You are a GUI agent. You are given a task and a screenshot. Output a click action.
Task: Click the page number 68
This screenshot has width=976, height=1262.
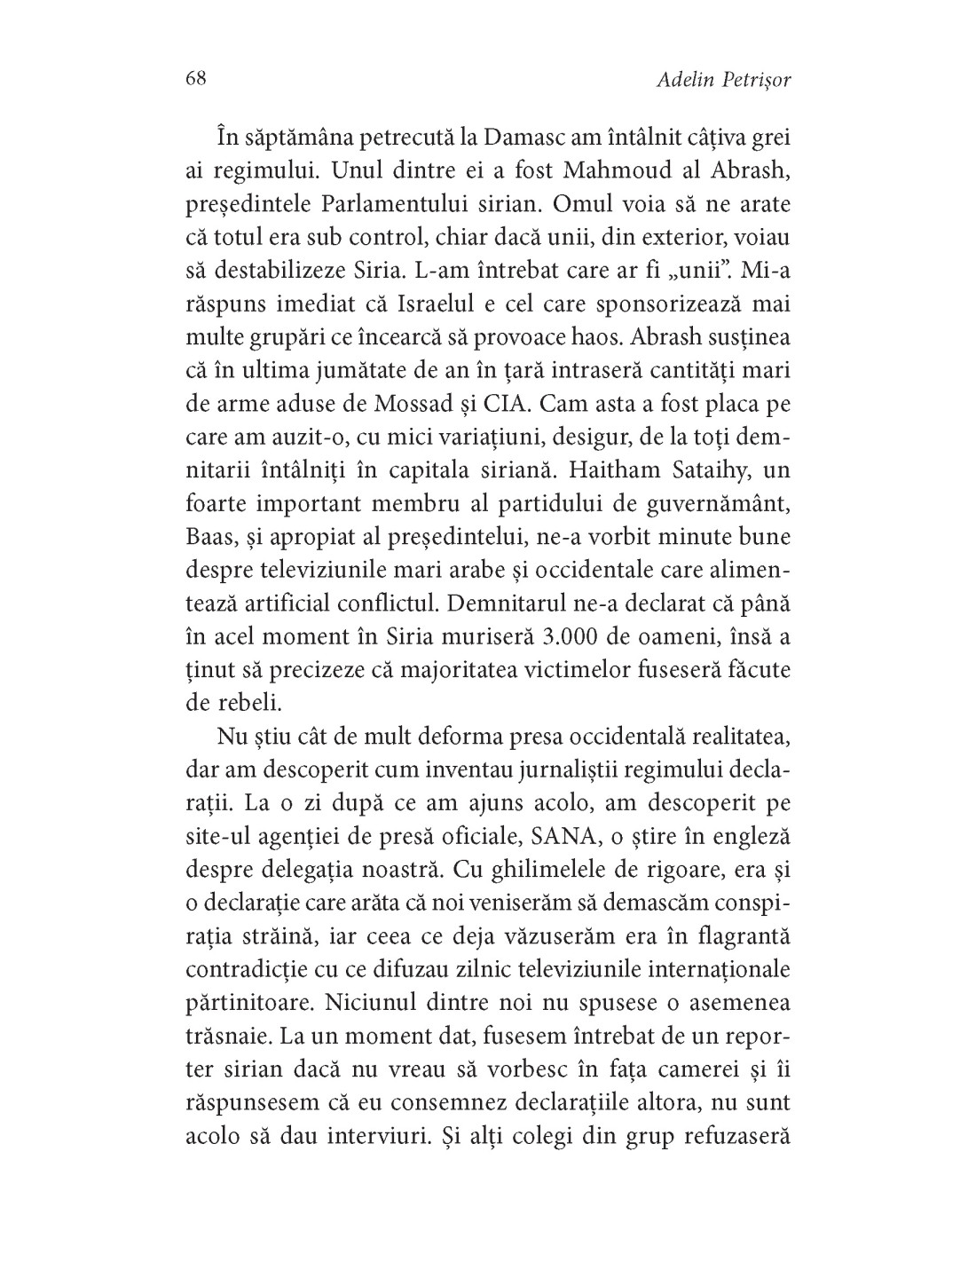(x=196, y=79)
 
